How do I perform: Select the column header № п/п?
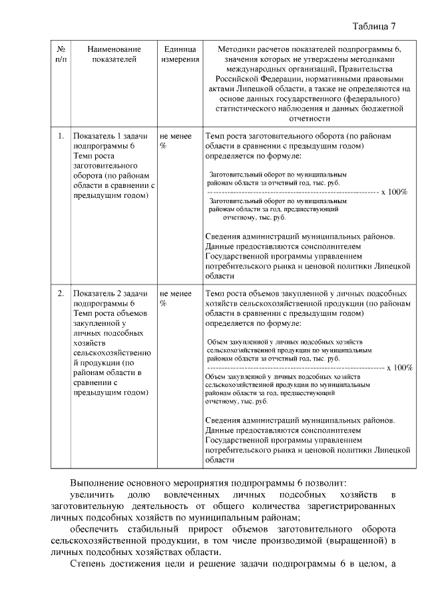(x=61, y=54)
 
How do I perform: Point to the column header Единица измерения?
(x=180, y=54)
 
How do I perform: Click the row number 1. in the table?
(x=61, y=136)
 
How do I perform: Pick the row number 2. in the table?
(x=61, y=293)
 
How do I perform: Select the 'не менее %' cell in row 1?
(x=176, y=141)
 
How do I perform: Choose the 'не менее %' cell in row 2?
(x=176, y=298)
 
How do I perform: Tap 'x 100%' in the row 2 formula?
(x=399, y=367)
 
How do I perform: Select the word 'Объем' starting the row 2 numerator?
(x=219, y=340)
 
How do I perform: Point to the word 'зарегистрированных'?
(x=352, y=506)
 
